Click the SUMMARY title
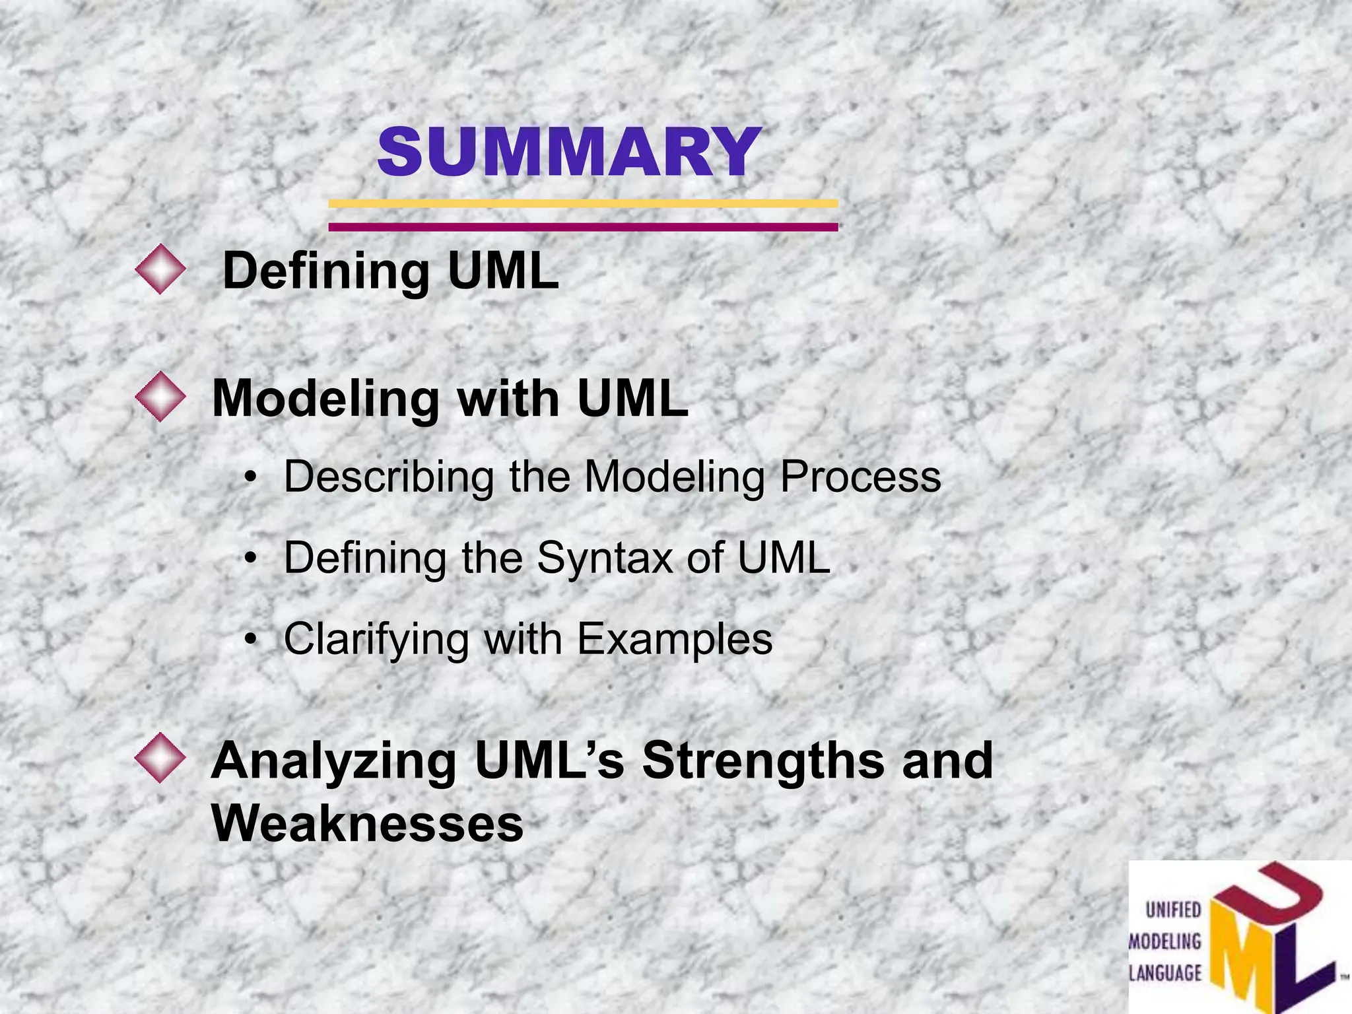point(569,152)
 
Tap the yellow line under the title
point(583,203)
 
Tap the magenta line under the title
point(583,227)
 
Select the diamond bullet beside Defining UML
point(160,269)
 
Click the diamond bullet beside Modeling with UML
point(160,397)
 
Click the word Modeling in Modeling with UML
point(325,399)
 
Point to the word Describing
point(389,477)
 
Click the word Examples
point(674,640)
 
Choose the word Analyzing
point(333,761)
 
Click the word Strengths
point(762,761)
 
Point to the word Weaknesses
point(367,824)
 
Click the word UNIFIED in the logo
point(1173,910)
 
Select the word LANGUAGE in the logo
point(1165,973)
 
